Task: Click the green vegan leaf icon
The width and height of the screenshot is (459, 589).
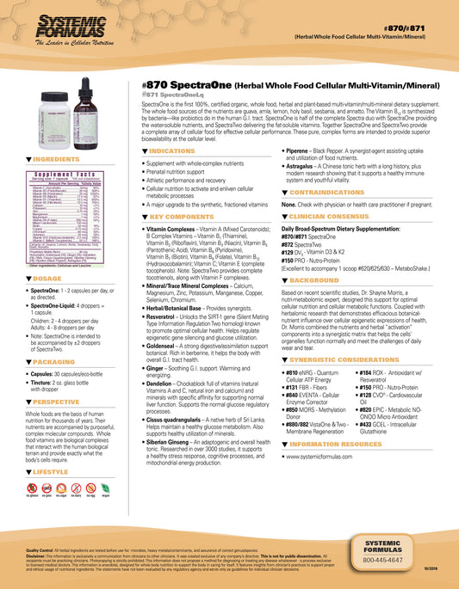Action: click(x=106, y=488)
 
